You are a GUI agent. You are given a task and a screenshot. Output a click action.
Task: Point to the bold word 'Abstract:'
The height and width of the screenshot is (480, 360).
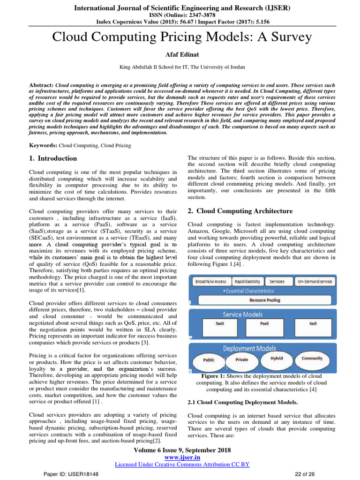(x=42, y=80)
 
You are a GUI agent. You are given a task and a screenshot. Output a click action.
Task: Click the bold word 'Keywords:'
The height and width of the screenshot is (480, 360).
(x=43, y=146)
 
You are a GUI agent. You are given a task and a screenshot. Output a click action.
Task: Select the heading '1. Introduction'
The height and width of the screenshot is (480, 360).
(x=53, y=158)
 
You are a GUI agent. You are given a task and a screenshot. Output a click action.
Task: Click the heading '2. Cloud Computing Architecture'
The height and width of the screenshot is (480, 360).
(x=240, y=211)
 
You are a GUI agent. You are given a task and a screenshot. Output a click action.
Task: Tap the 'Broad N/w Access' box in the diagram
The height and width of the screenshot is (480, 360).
(x=211, y=281)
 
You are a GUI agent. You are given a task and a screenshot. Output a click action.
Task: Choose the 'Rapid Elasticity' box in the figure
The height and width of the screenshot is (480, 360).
(x=247, y=281)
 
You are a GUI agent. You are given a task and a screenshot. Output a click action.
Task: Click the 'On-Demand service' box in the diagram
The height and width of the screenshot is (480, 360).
(x=315, y=281)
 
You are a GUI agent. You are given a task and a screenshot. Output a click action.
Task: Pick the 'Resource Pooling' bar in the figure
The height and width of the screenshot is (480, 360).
(x=264, y=300)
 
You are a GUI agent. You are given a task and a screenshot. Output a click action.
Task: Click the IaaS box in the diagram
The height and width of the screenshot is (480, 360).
(x=314, y=323)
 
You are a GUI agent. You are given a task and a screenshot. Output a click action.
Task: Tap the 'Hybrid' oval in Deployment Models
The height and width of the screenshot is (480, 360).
(x=277, y=358)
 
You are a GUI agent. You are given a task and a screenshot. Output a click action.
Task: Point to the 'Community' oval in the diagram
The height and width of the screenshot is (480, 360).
(x=312, y=359)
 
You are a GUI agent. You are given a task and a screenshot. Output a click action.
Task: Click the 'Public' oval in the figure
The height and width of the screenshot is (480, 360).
(x=209, y=360)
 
